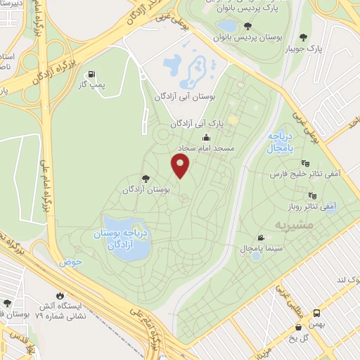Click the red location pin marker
click(181, 166)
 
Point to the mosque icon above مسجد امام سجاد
click(206, 138)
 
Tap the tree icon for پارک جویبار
click(304, 37)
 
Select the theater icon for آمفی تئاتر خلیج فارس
click(305, 163)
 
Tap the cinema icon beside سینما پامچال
click(262, 238)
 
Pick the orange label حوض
click(72, 262)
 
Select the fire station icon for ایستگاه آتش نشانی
click(59, 296)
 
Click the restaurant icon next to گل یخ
click(300, 326)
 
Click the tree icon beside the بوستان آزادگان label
click(146, 179)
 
